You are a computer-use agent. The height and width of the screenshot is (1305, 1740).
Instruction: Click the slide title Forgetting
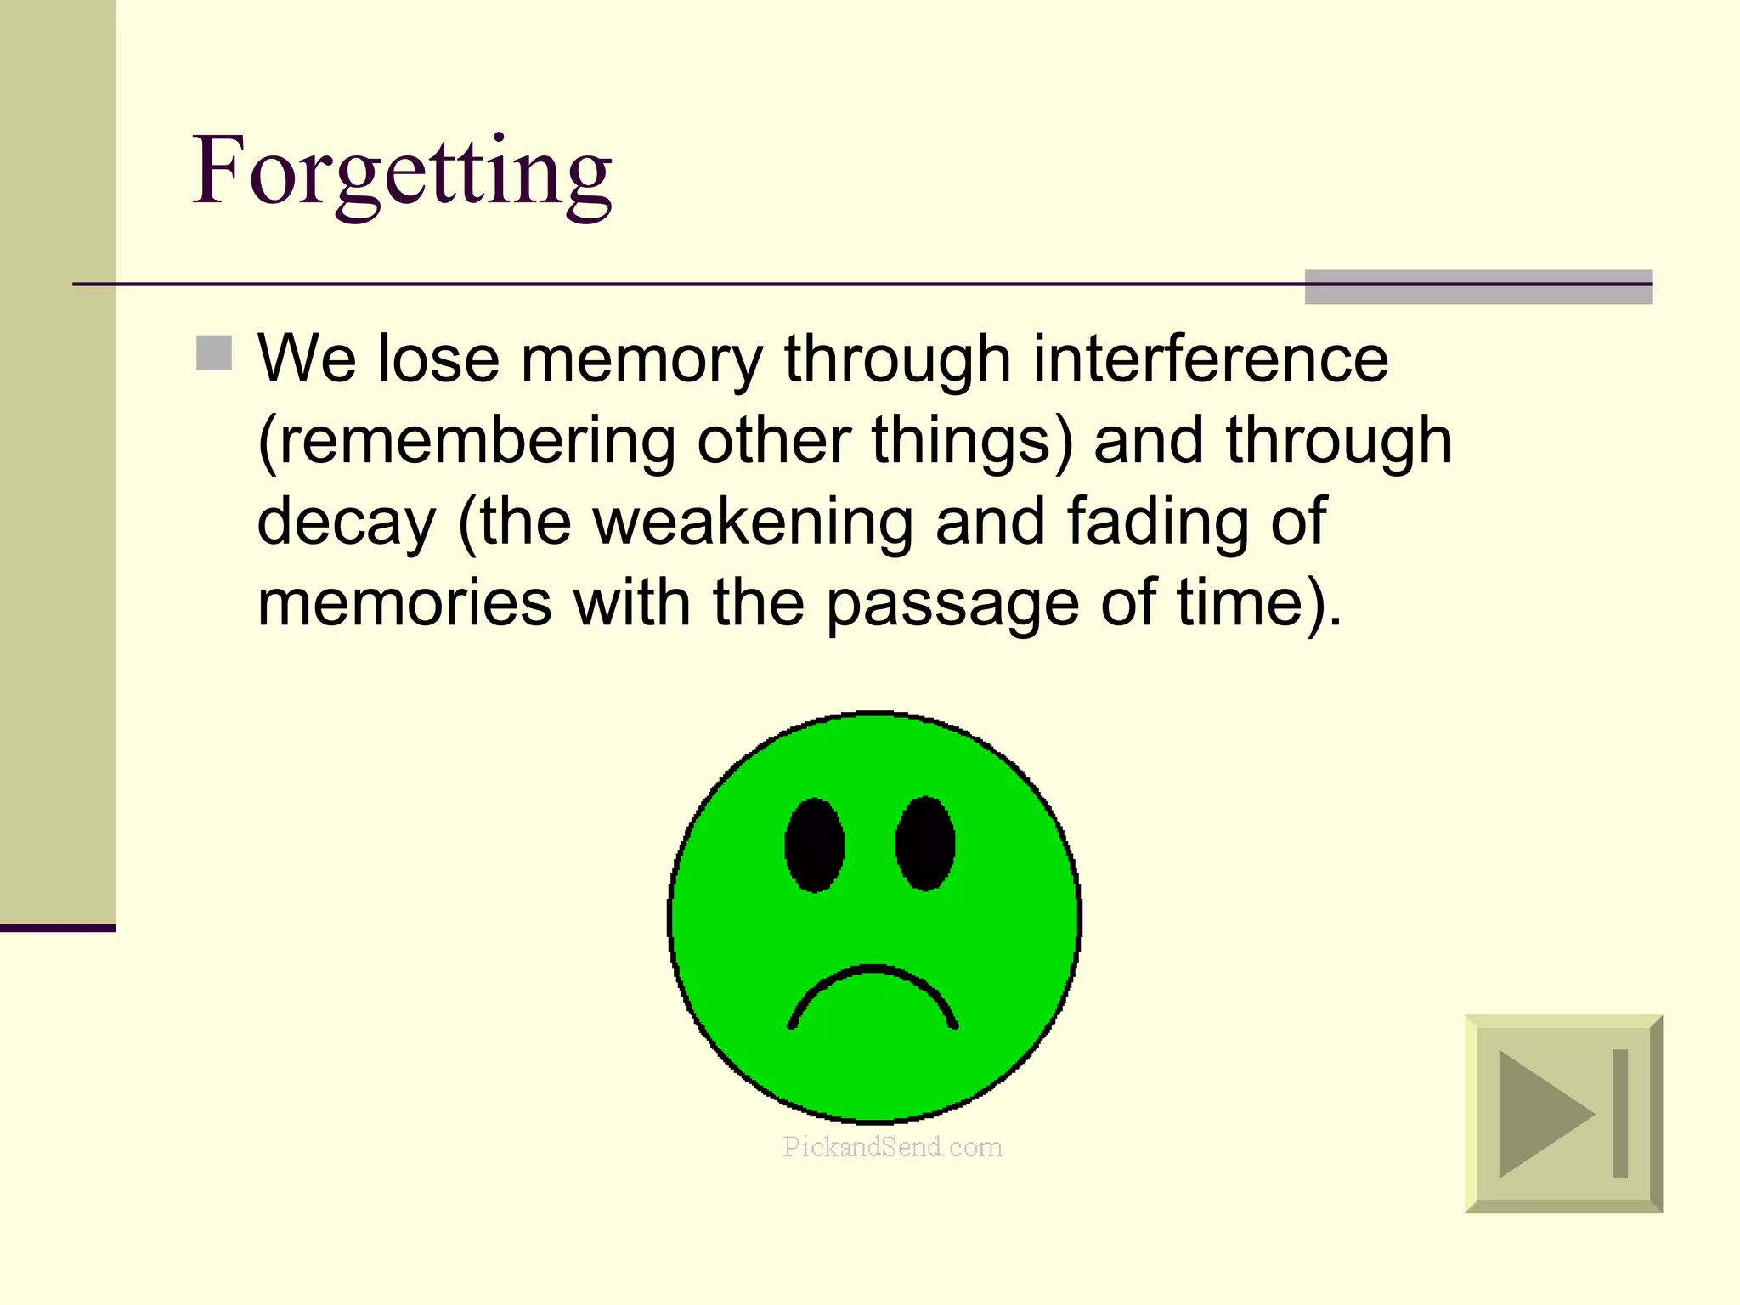(402, 172)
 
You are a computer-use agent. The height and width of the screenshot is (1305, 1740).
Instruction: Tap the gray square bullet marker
(214, 353)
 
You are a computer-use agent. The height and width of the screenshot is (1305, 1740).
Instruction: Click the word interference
(1211, 359)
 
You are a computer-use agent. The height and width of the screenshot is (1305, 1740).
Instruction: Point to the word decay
(347, 522)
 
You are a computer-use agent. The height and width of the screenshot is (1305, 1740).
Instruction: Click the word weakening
(753, 522)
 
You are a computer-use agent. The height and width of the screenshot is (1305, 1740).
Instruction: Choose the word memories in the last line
(404, 602)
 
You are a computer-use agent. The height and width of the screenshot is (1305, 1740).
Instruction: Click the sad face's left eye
(814, 845)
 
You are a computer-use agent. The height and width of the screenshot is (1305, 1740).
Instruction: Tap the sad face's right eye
(925, 843)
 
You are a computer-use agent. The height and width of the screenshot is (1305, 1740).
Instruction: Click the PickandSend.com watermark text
(892, 1147)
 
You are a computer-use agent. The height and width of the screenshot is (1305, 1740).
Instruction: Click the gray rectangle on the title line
(1478, 287)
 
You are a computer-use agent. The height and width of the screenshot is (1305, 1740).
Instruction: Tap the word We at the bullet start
(307, 359)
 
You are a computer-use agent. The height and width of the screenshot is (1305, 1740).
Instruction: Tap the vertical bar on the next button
(1619, 1113)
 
